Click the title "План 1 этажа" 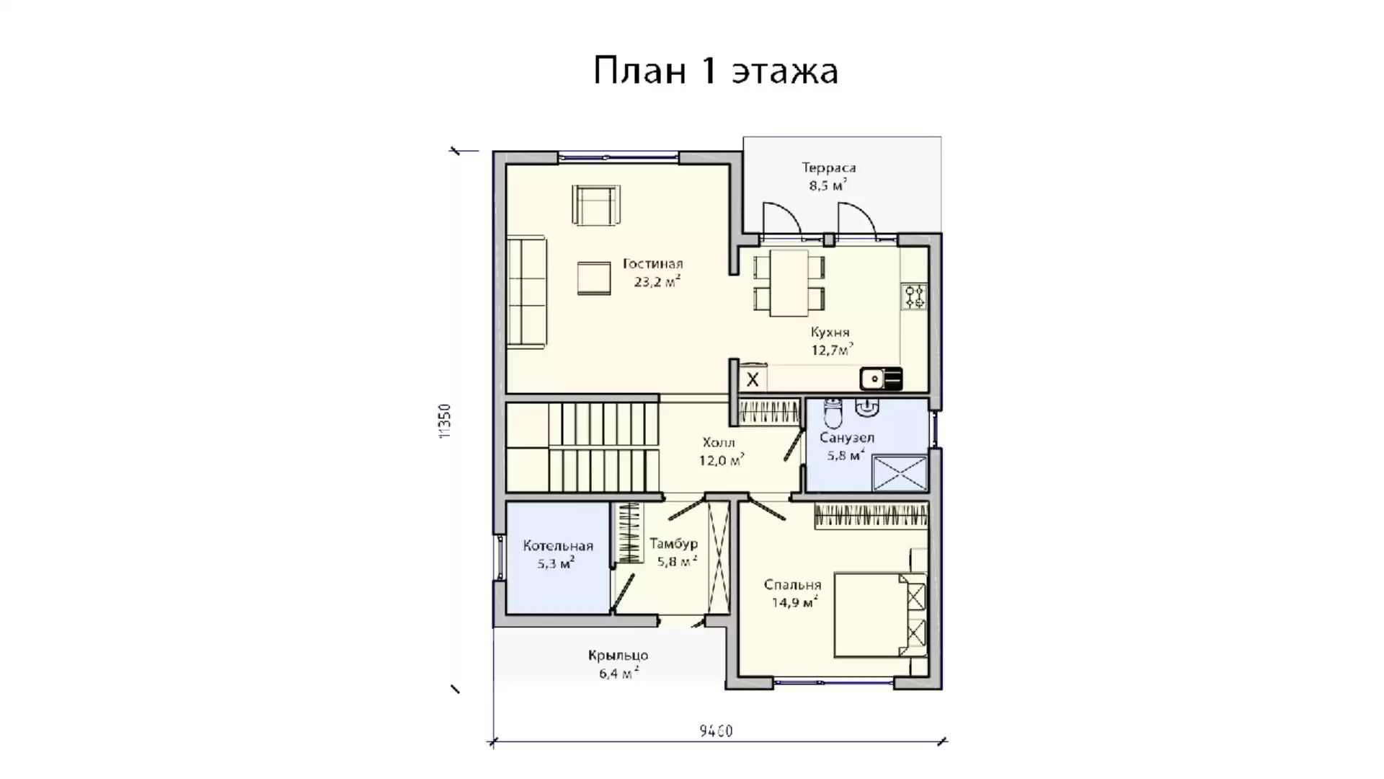pyautogui.click(x=715, y=71)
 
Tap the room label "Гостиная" pyautogui.click(x=652, y=264)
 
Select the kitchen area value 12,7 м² pyautogui.click(x=832, y=350)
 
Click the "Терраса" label pyautogui.click(x=829, y=168)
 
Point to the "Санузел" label pyautogui.click(x=847, y=438)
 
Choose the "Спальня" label pyautogui.click(x=792, y=585)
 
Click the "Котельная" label pyautogui.click(x=558, y=546)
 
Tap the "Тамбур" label pyautogui.click(x=673, y=545)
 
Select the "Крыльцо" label pyautogui.click(x=618, y=656)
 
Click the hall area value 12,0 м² pyautogui.click(x=721, y=460)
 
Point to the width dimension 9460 pyautogui.click(x=716, y=731)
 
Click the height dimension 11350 pyautogui.click(x=445, y=421)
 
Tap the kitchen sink pyautogui.click(x=881, y=379)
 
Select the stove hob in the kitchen pyautogui.click(x=915, y=296)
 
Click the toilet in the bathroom pyautogui.click(x=833, y=413)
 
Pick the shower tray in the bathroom pyautogui.click(x=900, y=473)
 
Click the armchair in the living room pyautogui.click(x=596, y=205)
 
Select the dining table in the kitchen pyautogui.click(x=789, y=283)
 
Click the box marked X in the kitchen pyautogui.click(x=752, y=379)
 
